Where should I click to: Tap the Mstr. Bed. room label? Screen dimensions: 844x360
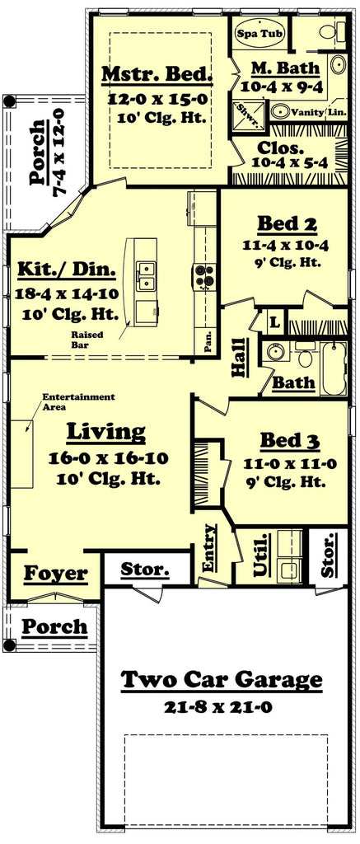pos(157,76)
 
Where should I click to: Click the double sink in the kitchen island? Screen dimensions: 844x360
pos(146,275)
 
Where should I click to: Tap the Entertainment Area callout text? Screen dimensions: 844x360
pos(78,401)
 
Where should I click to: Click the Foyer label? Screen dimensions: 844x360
pos(55,573)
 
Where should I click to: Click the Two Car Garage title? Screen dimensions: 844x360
pos(222,680)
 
